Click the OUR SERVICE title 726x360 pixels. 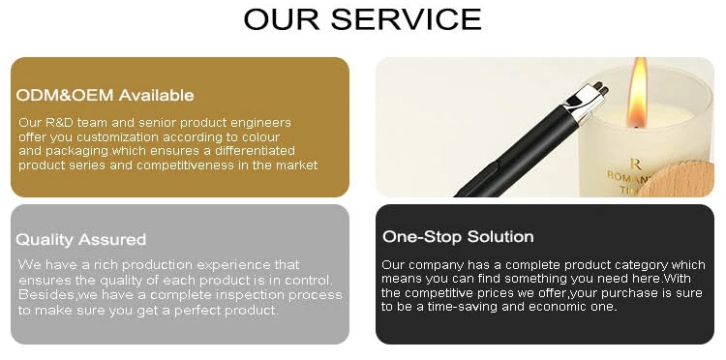[363, 19]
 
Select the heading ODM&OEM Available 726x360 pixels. [105, 95]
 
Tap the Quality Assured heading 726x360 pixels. [80, 239]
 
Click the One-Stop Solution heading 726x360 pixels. [458, 236]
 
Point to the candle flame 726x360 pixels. [638, 93]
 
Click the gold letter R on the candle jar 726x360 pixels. [635, 164]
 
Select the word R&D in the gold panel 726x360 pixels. [57, 123]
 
